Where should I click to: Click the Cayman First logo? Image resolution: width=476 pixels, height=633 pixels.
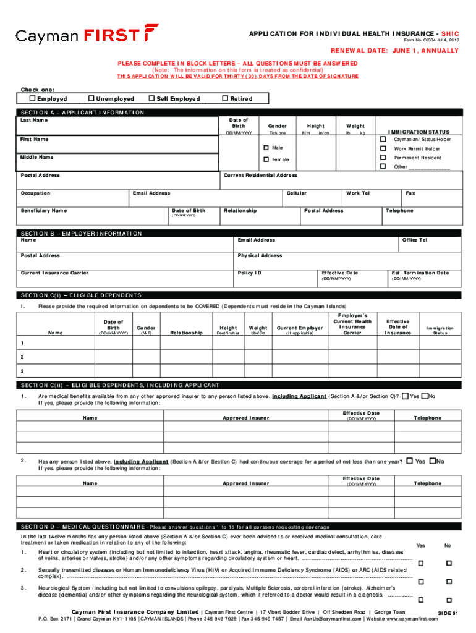87,35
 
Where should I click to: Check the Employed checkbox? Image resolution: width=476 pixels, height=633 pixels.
33,99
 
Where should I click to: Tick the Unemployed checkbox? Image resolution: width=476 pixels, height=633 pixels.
91,99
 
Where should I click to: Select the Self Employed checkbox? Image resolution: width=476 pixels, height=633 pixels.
151,99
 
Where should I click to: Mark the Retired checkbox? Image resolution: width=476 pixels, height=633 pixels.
225,99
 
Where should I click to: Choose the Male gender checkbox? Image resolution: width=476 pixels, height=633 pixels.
266,148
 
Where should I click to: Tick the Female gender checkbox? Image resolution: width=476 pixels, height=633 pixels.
266,159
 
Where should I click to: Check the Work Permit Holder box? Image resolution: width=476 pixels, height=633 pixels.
383,148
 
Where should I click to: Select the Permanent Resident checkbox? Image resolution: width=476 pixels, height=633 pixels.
383,158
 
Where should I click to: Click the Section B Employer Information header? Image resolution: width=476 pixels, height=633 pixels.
81,234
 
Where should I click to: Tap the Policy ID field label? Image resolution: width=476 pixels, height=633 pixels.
250,273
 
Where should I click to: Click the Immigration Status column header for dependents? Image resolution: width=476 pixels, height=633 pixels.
440,331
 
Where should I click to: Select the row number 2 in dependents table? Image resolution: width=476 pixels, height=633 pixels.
22,357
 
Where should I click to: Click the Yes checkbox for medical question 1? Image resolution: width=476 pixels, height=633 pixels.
420,563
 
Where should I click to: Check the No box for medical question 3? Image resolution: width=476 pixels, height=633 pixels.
449,600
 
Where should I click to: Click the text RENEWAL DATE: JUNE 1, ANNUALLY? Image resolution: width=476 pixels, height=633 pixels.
394,51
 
